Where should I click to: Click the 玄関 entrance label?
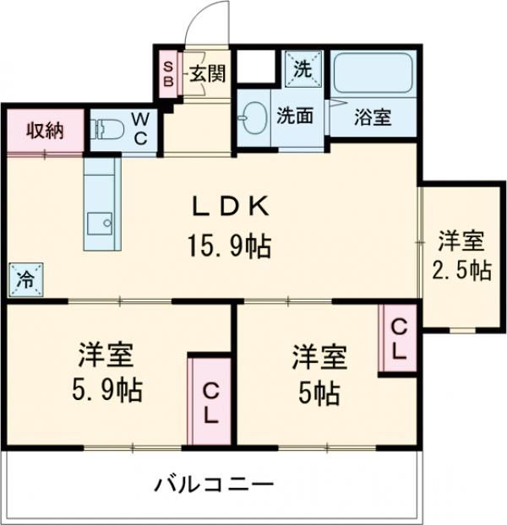[x=206, y=74]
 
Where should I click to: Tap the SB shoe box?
[x=168, y=75]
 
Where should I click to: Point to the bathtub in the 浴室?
[x=372, y=74]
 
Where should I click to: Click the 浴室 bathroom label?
[x=372, y=117]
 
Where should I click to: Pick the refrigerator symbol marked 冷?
[x=26, y=279]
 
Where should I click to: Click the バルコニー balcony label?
[x=214, y=485]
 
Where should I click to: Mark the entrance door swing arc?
[x=209, y=20]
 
